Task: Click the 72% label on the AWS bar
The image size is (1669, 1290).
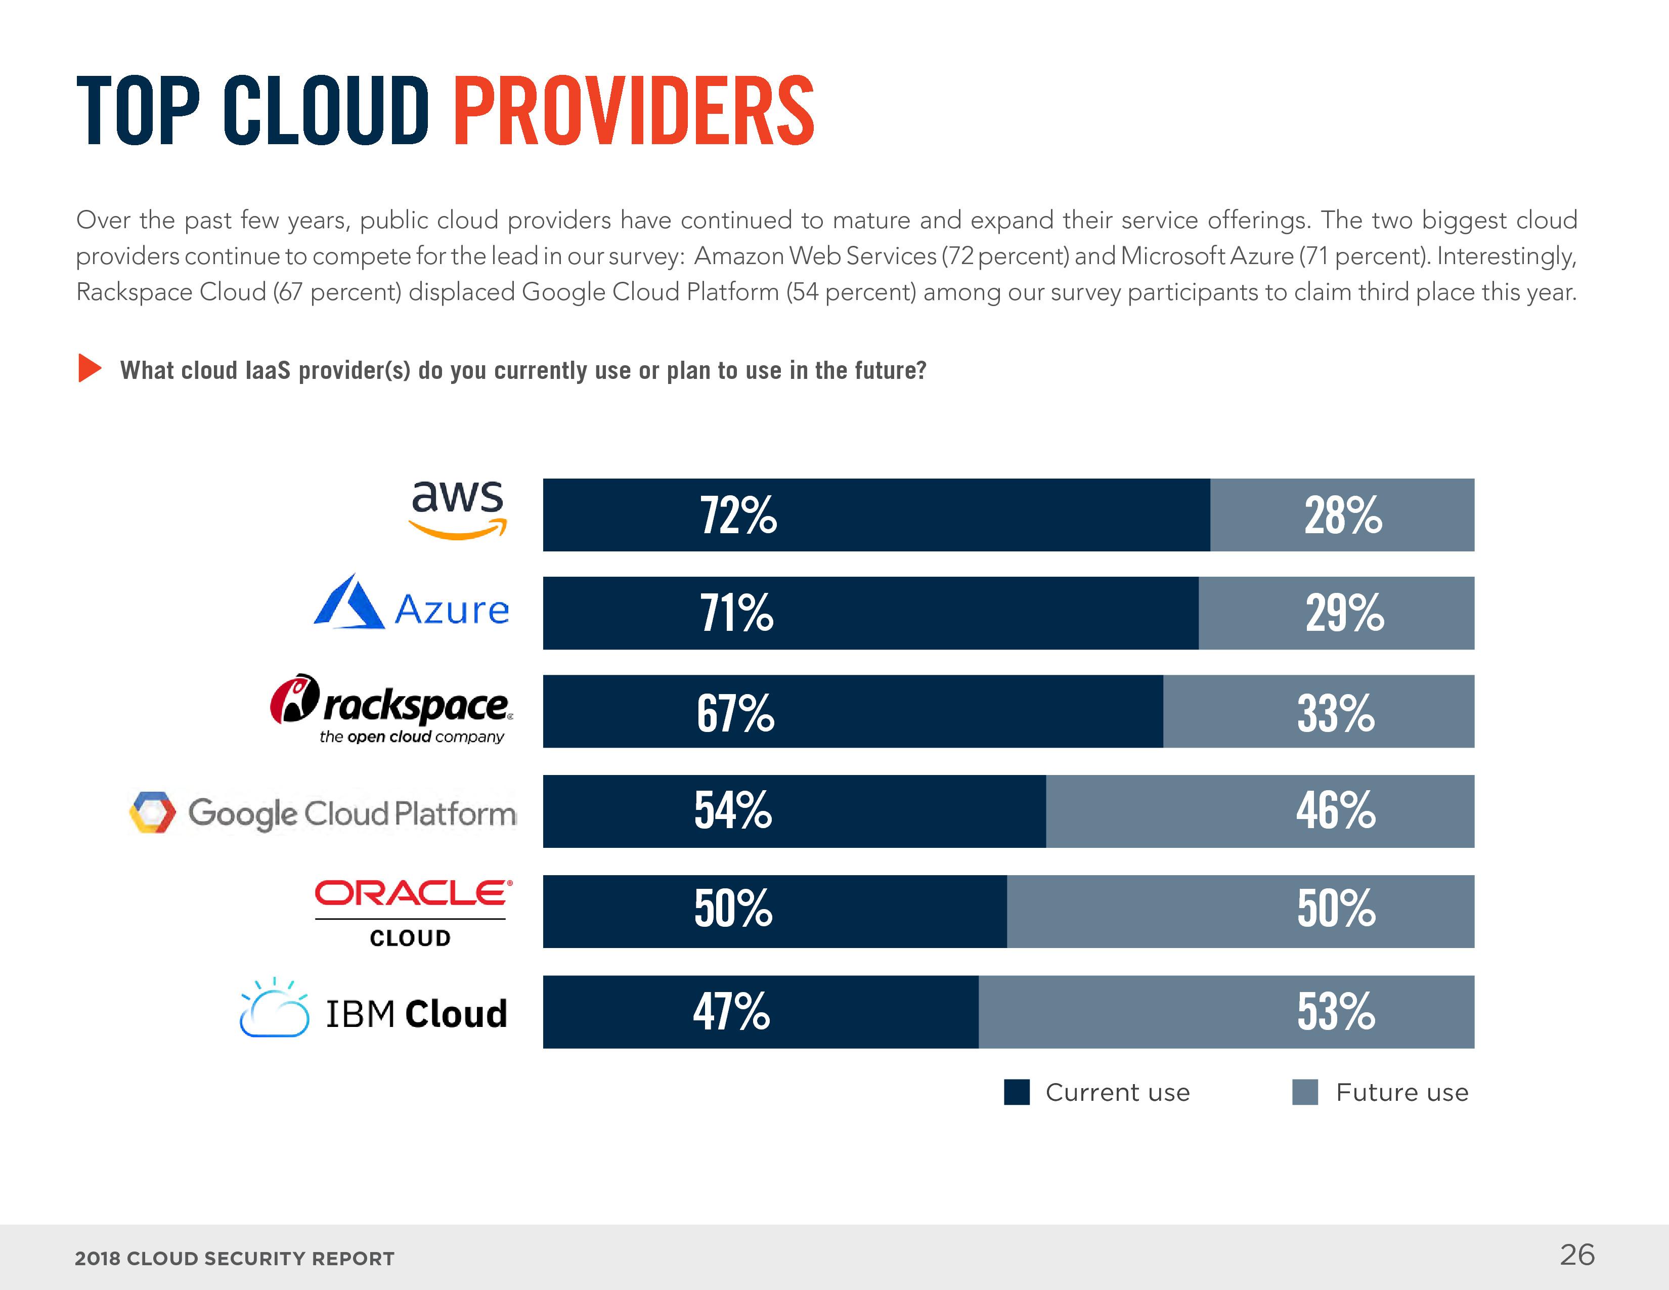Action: click(x=738, y=516)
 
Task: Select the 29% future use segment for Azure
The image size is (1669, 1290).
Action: click(x=1336, y=613)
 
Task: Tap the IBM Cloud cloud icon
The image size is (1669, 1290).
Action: click(x=274, y=1009)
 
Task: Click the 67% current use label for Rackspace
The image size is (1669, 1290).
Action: click(x=735, y=713)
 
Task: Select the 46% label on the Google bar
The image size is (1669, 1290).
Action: click(x=1335, y=811)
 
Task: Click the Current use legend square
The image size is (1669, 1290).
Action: click(x=1017, y=1092)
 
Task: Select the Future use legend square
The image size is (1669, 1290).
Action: click(x=1304, y=1092)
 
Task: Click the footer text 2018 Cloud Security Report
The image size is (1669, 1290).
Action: click(x=235, y=1259)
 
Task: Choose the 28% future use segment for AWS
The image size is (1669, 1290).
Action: click(x=1342, y=515)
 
